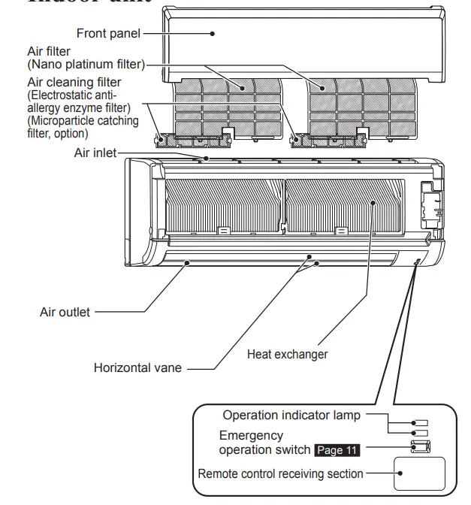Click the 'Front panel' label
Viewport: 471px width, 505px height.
(109, 33)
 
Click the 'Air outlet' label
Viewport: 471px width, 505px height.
(65, 311)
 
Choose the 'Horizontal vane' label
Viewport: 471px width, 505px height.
(137, 368)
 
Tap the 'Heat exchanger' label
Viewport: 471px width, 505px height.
(287, 353)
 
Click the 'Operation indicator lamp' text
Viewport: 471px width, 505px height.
(291, 416)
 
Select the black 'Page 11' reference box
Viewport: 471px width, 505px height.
(337, 450)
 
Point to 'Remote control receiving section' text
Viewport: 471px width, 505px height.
(280, 473)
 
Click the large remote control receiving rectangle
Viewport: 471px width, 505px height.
(421, 474)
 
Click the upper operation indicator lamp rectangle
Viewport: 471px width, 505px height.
(421, 422)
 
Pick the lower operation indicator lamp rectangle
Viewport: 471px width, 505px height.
(421, 433)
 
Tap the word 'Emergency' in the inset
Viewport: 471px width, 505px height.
(251, 435)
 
